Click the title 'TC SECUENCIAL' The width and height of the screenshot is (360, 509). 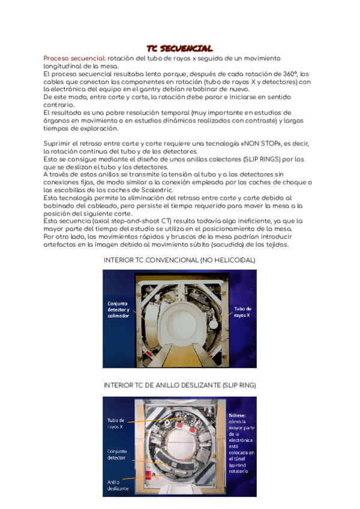[180, 48]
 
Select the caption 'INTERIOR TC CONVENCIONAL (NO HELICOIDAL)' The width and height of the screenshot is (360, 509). [180, 260]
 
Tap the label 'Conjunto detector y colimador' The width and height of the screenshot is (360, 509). [122, 310]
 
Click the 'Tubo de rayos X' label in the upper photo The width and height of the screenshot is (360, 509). [242, 312]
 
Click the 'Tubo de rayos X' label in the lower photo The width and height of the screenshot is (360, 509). [116, 423]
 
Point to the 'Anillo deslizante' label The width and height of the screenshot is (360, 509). [118, 485]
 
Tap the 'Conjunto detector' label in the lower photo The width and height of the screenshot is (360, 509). [117, 454]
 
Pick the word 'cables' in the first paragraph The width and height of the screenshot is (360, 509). [55, 82]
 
